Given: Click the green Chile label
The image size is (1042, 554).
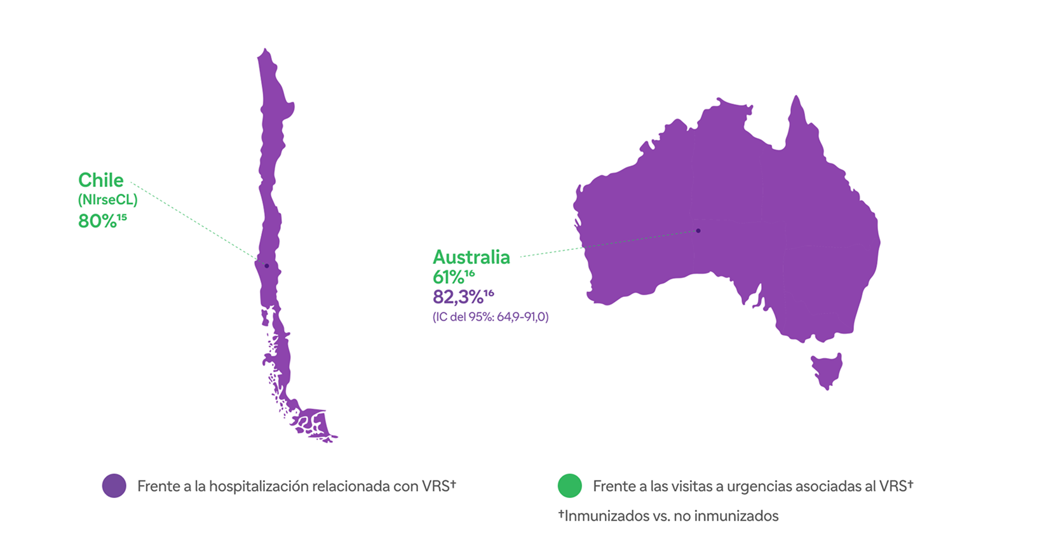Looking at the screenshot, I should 100,180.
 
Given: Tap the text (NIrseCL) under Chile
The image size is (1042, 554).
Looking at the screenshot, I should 107,200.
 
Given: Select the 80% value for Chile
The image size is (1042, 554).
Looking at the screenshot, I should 97,221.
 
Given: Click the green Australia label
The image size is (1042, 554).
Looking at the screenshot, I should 471,257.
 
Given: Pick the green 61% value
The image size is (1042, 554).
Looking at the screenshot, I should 449,277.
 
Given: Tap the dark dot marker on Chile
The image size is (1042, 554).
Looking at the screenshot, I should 267,266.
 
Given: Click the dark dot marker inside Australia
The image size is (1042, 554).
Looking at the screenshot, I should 698,231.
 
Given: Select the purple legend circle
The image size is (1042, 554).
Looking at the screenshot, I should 114,486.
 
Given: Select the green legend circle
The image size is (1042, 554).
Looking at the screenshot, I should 569,486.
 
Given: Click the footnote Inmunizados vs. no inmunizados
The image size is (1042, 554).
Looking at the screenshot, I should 671,516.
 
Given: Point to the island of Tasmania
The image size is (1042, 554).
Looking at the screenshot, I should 827,370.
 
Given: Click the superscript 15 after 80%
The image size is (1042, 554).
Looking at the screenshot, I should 122,218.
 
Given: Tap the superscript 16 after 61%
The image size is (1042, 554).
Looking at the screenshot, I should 470,274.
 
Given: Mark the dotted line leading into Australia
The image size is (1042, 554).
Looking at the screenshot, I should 610,244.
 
